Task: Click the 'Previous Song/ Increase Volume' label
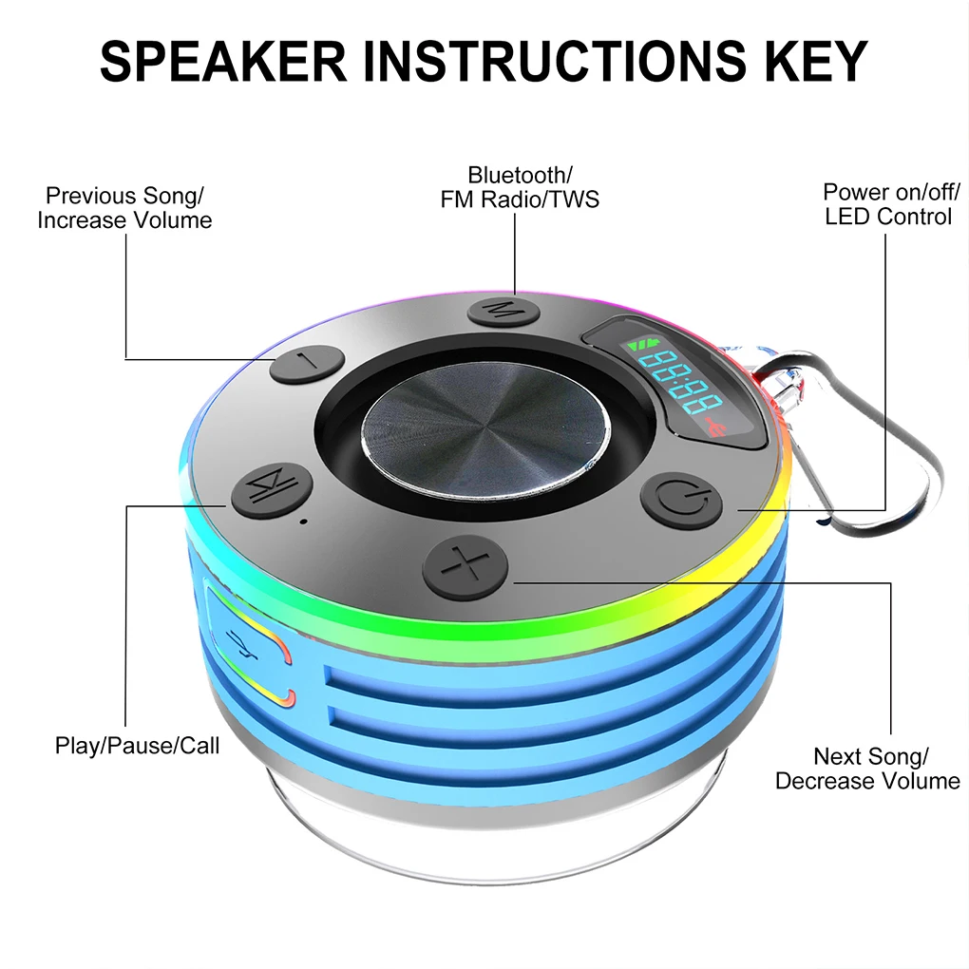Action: (x=124, y=208)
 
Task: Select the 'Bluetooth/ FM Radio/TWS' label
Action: (x=520, y=187)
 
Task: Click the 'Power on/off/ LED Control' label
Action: (x=887, y=204)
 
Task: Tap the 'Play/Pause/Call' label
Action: (x=137, y=746)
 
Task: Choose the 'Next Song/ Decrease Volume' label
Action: (x=868, y=769)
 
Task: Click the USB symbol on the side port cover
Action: (x=243, y=645)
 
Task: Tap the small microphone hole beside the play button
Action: (x=303, y=522)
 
